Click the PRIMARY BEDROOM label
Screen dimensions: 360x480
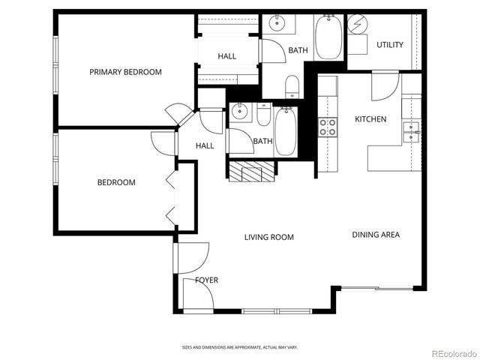[x=125, y=72]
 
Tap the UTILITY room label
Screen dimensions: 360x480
[x=389, y=45]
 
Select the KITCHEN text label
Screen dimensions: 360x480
[x=370, y=119]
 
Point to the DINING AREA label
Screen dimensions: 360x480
[x=376, y=235]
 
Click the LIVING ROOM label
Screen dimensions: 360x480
[x=268, y=237]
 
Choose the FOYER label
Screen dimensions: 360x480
[x=206, y=280]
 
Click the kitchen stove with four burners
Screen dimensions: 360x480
[x=328, y=127]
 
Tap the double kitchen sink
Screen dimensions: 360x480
[x=410, y=132]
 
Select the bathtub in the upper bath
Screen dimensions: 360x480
[x=328, y=37]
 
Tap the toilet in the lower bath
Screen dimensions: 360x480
[x=264, y=115]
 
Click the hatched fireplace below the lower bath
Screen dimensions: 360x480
[x=250, y=172]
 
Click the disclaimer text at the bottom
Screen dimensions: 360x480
[x=239, y=347]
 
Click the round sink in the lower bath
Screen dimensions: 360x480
[x=240, y=113]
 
